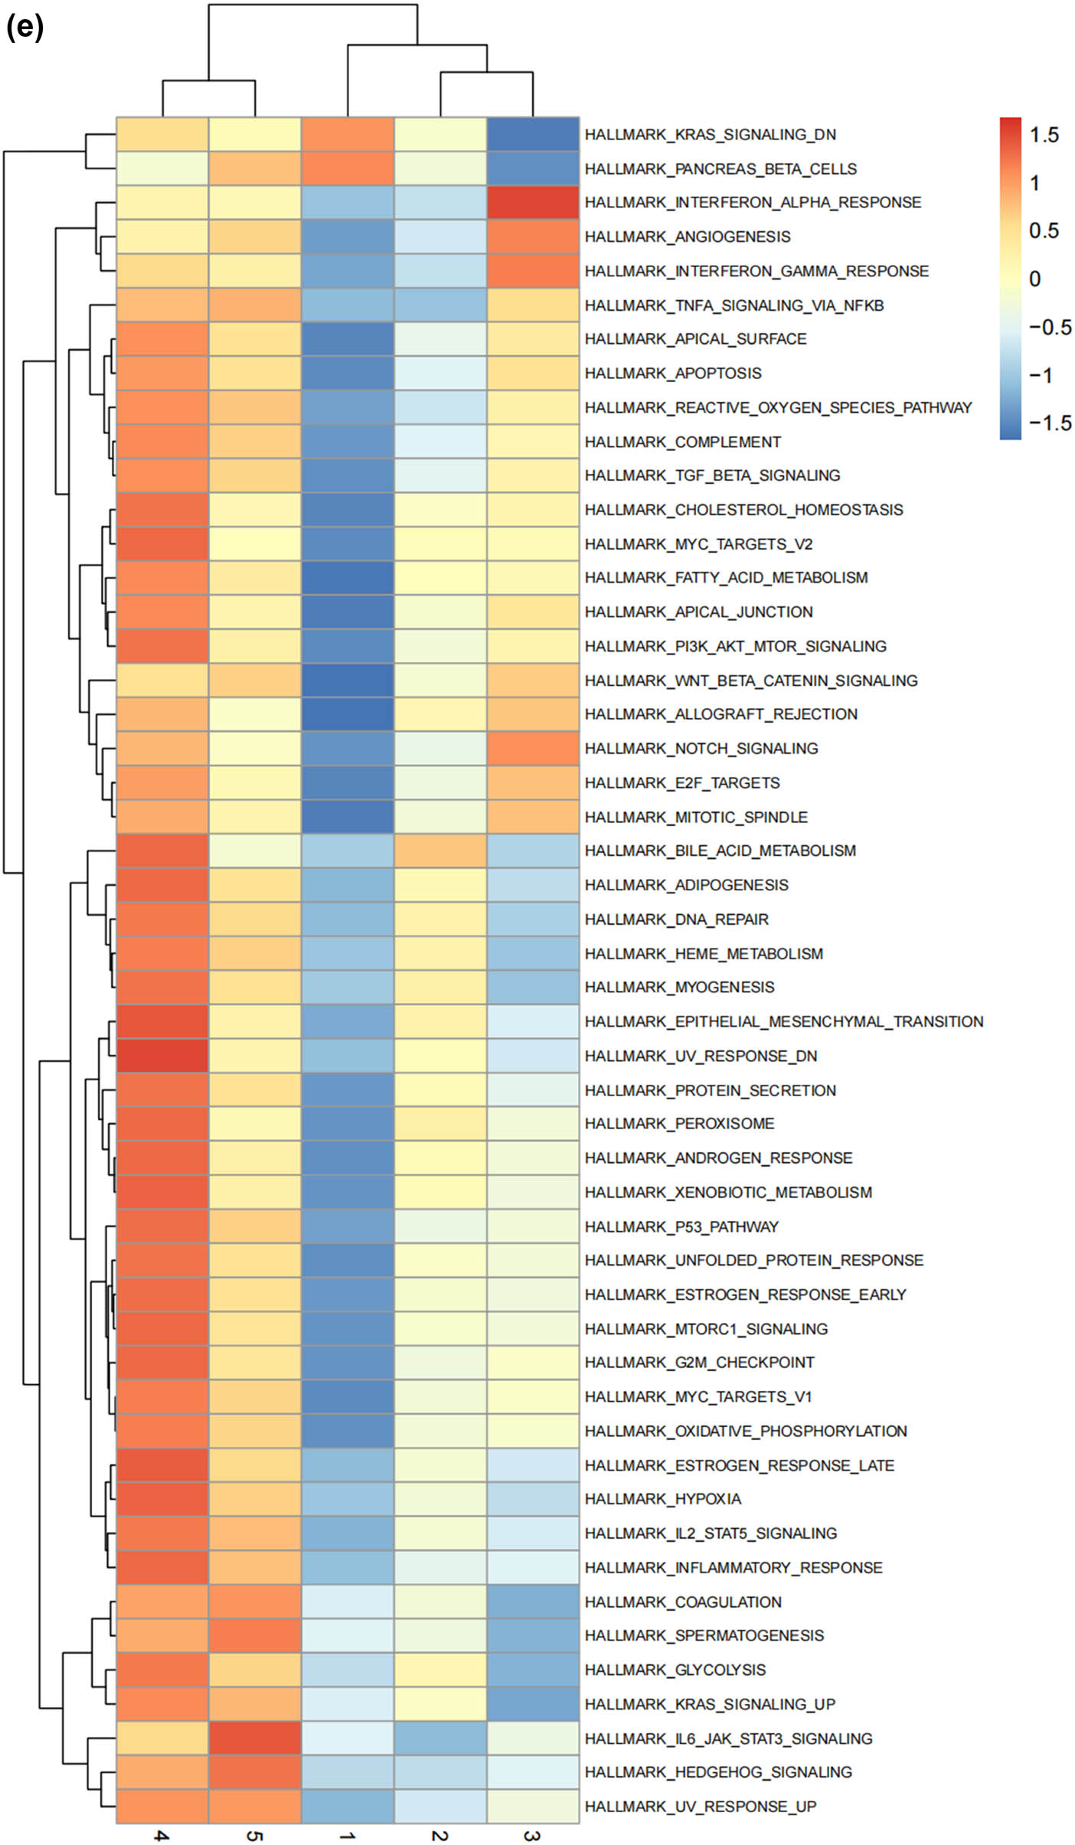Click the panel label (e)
[25, 28]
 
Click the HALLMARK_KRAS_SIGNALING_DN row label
[710, 135]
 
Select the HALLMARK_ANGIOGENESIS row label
[687, 237]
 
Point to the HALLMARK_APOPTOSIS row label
[672, 374]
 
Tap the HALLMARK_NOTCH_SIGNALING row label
[701, 749]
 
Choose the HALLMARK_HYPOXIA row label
[662, 1499]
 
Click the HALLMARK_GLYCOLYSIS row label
[675, 1670]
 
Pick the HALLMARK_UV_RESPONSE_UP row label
[700, 1807]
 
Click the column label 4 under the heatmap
[162, 1834]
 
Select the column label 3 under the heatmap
[532, 1834]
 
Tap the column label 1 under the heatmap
[347, 1834]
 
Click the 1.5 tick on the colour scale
[1044, 136]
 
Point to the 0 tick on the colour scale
[1035, 279]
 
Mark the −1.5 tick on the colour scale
[1050, 423]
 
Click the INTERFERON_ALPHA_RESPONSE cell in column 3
[533, 203]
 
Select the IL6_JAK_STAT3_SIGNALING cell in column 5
[255, 1739]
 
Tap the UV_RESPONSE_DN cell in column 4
[162, 1056]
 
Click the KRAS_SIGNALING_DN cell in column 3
[533, 135]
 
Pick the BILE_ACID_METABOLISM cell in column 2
[440, 851]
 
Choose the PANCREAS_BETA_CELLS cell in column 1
[348, 168]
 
